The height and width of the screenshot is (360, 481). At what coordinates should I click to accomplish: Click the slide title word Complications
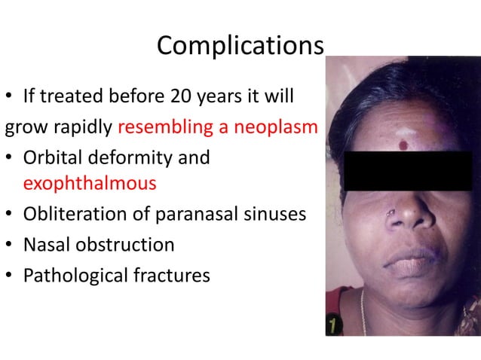click(x=240, y=47)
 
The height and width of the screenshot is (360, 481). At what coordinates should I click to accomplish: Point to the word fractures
click(x=171, y=276)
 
